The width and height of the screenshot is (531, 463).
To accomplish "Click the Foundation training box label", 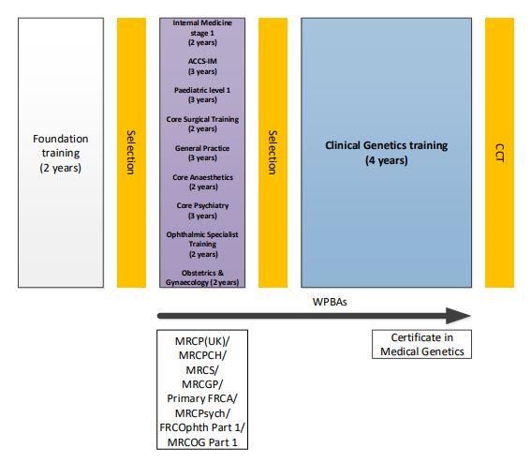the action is [x=61, y=153].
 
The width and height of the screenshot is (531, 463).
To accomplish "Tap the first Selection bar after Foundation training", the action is [x=131, y=153].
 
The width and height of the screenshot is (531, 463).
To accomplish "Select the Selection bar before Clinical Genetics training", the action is [x=273, y=153].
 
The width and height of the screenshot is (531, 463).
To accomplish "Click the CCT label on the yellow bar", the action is [x=500, y=153].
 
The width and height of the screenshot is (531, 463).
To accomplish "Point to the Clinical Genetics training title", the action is [x=387, y=153].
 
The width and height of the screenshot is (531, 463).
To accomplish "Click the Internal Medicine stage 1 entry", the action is [x=202, y=33].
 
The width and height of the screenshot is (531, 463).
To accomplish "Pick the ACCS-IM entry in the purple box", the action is [x=202, y=67].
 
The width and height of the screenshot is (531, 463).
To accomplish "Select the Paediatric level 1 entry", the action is [x=202, y=95].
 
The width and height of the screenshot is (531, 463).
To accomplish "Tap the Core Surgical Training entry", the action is [x=202, y=124].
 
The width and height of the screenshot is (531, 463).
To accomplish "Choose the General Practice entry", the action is [x=202, y=153].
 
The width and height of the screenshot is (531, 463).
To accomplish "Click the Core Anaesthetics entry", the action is [x=202, y=182].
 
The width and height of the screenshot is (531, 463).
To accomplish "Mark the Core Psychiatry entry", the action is [x=202, y=211].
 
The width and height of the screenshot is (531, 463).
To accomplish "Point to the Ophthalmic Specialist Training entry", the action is [x=202, y=245].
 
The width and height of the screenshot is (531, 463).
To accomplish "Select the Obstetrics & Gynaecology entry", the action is [x=202, y=277].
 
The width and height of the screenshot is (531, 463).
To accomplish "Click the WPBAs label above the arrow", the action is [x=330, y=302].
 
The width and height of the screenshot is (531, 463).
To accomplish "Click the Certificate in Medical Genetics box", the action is [x=422, y=344].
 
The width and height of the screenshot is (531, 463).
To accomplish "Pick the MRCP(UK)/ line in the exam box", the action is [x=202, y=341].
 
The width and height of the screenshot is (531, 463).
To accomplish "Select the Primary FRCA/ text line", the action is [x=202, y=398].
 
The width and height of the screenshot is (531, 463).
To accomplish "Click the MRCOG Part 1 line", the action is [x=202, y=442].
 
